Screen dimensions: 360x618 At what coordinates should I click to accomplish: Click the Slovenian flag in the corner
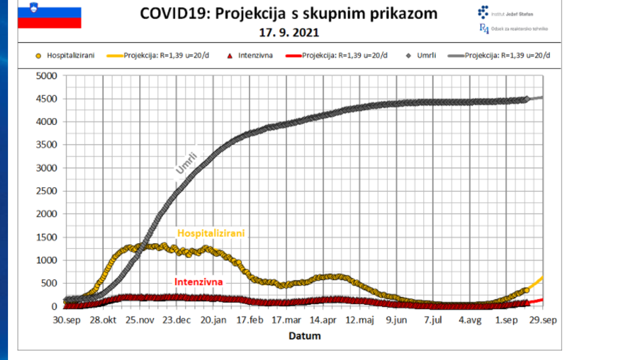tap(49, 17)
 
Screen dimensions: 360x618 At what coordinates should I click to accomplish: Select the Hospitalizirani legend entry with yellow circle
tap(65, 56)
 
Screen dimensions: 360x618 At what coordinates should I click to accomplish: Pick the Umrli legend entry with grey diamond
tap(423, 56)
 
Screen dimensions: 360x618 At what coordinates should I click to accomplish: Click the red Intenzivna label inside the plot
tap(199, 282)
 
